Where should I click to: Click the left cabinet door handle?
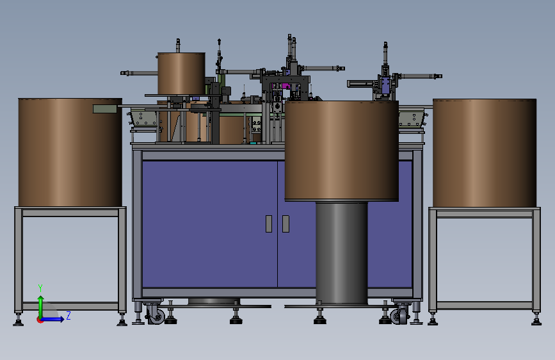pos(269,224)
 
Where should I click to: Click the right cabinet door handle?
pos(286,224)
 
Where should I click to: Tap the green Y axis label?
pos(40,288)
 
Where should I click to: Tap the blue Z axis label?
pos(68,315)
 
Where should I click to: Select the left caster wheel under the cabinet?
pos(156,315)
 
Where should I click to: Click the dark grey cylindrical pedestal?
pos(342,252)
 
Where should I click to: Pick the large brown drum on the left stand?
pos(70,152)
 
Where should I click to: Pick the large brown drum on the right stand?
pos(485,153)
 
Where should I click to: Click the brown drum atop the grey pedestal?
pos(342,151)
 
